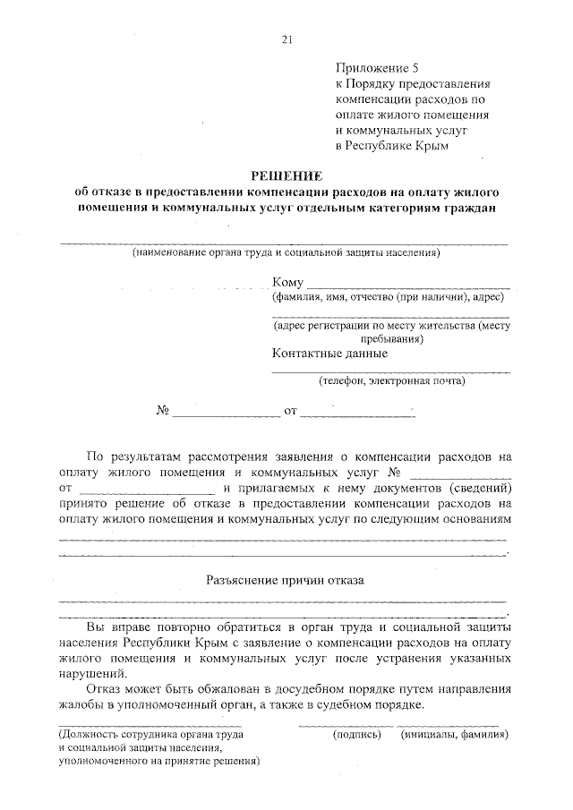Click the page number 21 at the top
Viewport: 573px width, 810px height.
click(x=286, y=38)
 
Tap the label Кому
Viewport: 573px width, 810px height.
click(x=288, y=282)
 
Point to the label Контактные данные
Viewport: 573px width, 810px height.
click(x=329, y=353)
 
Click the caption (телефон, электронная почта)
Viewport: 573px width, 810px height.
click(x=391, y=380)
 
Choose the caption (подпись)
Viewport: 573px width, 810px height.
click(x=356, y=735)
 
